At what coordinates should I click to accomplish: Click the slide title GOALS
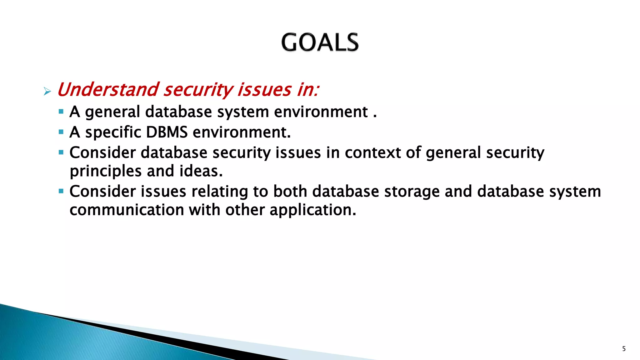(x=320, y=42)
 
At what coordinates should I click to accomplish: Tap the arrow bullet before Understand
(x=47, y=92)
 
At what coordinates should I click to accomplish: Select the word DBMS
(x=167, y=132)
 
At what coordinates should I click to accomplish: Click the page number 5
(x=624, y=349)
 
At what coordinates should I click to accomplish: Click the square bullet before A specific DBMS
(x=61, y=132)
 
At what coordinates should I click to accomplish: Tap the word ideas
(x=201, y=171)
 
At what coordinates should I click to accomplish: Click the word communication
(x=127, y=210)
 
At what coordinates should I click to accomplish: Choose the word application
(x=312, y=210)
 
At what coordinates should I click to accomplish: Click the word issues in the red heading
(x=264, y=90)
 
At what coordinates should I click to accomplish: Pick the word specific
(x=113, y=132)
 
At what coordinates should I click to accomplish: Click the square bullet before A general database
(x=61, y=111)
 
